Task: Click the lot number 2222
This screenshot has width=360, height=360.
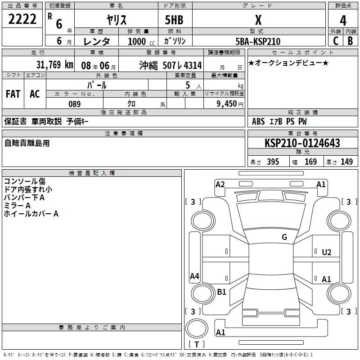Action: (x=23, y=20)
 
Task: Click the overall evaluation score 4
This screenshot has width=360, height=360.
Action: (x=343, y=21)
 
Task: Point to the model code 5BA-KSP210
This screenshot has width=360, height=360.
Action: (x=258, y=41)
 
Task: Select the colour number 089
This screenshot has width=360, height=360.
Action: (x=75, y=104)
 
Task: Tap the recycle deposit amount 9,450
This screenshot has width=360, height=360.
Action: (x=227, y=104)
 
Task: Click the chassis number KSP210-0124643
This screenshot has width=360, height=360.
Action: (x=302, y=143)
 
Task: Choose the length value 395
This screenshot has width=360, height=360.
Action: (x=273, y=162)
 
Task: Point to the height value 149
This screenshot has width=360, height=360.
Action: (x=346, y=162)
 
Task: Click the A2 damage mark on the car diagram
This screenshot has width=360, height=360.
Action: (x=220, y=184)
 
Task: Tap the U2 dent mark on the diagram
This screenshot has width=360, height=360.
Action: (x=327, y=252)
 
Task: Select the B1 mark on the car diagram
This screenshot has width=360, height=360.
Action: (x=221, y=292)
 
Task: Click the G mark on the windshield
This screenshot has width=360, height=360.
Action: (x=284, y=237)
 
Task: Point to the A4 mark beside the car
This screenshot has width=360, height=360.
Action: (x=194, y=276)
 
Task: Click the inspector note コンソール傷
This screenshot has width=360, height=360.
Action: (x=24, y=181)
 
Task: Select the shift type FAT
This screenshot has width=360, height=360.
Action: (x=13, y=94)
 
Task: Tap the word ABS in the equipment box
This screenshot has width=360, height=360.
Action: (x=258, y=121)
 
